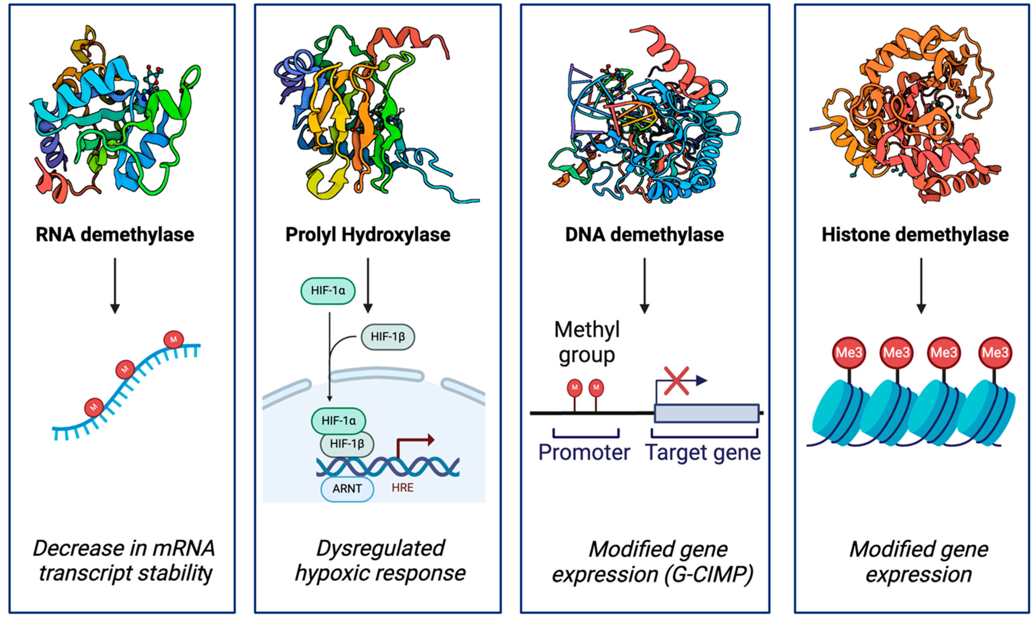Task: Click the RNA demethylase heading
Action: click(x=115, y=235)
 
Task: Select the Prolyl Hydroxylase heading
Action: click(x=367, y=235)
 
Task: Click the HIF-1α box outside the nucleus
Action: click(x=328, y=291)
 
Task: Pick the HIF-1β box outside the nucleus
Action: click(x=388, y=337)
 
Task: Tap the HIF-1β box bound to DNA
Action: click(x=347, y=444)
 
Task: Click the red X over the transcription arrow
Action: click(x=676, y=381)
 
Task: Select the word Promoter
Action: click(x=584, y=453)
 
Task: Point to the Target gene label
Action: click(x=703, y=453)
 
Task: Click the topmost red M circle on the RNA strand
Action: click(x=173, y=339)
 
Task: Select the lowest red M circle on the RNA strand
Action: click(x=94, y=407)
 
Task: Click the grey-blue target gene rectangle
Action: click(x=706, y=413)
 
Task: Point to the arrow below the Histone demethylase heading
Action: click(x=921, y=286)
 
